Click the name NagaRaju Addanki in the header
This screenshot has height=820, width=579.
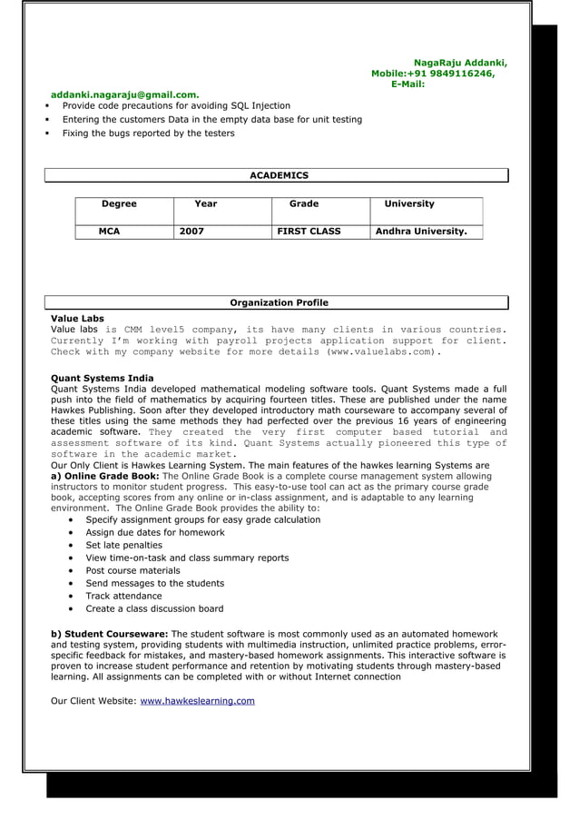pos(460,63)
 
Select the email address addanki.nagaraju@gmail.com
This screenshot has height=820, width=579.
pos(125,94)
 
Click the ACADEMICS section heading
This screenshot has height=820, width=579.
pos(279,175)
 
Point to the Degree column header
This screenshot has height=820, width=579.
pos(119,204)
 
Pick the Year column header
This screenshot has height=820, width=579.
pos(206,204)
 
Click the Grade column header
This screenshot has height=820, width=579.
pos(303,204)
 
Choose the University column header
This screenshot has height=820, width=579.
pos(409,204)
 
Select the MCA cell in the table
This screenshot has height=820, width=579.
pos(109,232)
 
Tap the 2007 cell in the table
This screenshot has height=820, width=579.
pos(191,232)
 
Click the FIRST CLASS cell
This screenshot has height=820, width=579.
pos(309,232)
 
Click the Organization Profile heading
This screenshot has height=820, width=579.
pos(279,302)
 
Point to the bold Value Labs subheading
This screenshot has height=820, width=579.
pos(77,319)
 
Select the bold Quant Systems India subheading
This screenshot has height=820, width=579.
pos(103,378)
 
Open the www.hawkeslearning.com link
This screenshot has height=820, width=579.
pos(197,701)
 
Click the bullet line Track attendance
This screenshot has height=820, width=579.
pos(123,596)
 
